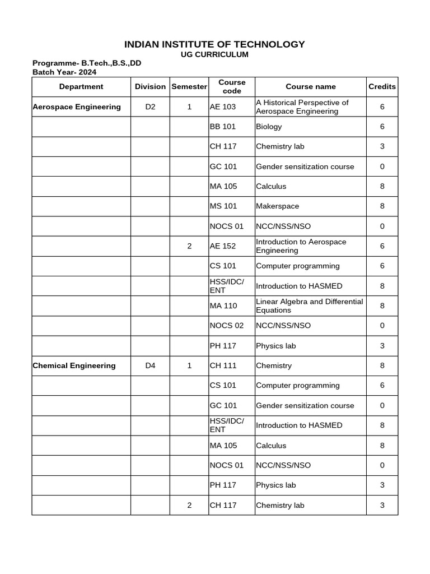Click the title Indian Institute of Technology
[x=214, y=44]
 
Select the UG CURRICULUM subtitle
[x=214, y=54]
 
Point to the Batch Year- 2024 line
[x=64, y=72]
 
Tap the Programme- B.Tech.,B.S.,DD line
[x=87, y=63]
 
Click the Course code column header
[x=232, y=86]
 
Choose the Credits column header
[x=382, y=86]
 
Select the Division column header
[x=150, y=86]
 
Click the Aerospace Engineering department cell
[x=77, y=107]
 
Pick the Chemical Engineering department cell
[x=74, y=365]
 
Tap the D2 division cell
[x=150, y=107]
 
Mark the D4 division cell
[x=150, y=365]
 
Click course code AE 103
[x=223, y=107]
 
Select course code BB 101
[x=223, y=127]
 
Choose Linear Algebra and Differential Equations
[x=309, y=306]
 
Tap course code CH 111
[x=223, y=365]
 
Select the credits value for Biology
[x=382, y=127]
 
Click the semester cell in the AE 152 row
[x=189, y=246]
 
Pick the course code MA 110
[x=223, y=306]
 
